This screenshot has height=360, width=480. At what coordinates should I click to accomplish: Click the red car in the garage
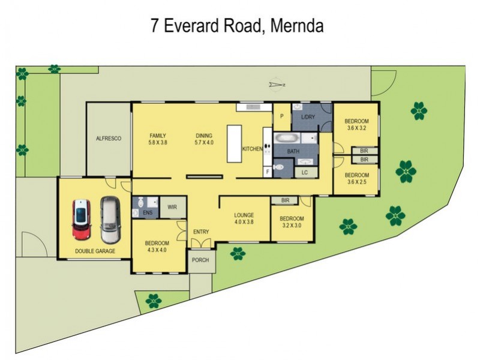(x=82, y=218)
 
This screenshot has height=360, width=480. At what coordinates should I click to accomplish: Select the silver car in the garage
(x=110, y=217)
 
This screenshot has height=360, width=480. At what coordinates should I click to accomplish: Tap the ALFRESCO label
(x=109, y=139)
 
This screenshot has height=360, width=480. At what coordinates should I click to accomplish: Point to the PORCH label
(x=200, y=260)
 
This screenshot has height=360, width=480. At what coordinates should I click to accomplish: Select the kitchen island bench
(x=234, y=143)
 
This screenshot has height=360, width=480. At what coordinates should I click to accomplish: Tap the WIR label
(x=172, y=207)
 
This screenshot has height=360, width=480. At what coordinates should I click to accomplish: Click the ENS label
(x=147, y=212)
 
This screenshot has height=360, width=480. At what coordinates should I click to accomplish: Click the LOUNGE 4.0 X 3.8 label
(x=244, y=218)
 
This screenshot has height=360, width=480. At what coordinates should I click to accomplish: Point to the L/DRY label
(x=308, y=116)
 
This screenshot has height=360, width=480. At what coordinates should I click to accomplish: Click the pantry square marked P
(x=281, y=117)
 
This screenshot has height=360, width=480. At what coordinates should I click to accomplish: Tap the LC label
(x=304, y=172)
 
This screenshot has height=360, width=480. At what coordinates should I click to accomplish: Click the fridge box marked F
(x=268, y=172)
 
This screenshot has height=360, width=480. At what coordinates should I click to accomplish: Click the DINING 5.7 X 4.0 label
(x=204, y=139)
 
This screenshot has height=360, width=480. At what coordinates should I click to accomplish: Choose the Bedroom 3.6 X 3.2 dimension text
(x=356, y=128)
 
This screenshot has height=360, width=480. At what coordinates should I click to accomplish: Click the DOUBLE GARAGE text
(x=95, y=251)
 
